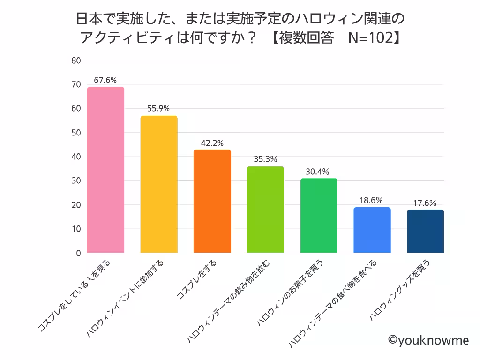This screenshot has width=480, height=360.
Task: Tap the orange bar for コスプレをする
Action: [212, 201]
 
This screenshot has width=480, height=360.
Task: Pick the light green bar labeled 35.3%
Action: [265, 210]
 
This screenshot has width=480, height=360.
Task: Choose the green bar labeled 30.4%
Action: [319, 216]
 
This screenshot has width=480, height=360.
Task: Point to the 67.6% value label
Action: [105, 80]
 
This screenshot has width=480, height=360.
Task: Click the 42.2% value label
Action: [212, 143]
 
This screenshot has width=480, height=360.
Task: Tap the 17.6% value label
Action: [425, 203]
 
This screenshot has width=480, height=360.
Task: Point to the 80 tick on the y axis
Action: [76, 60]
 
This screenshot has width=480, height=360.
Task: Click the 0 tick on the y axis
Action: [78, 253]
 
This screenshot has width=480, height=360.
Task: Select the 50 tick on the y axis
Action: [76, 133]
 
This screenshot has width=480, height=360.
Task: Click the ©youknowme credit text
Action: [428, 340]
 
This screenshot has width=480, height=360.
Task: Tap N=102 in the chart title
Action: [369, 38]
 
